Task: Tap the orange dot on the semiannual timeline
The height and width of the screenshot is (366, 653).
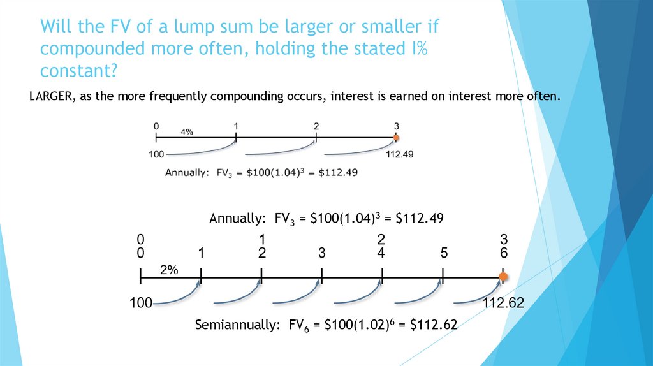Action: pyautogui.click(x=503, y=277)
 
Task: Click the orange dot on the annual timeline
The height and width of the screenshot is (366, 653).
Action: pyautogui.click(x=396, y=137)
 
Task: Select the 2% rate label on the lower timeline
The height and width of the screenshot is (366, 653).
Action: pyautogui.click(x=169, y=270)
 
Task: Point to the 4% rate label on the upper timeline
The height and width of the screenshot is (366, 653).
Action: pyautogui.click(x=187, y=132)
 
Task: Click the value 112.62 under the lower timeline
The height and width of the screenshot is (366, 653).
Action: pyautogui.click(x=503, y=303)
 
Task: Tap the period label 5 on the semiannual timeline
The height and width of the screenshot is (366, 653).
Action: pyautogui.click(x=443, y=253)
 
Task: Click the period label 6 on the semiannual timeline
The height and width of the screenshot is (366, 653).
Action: pyautogui.click(x=503, y=253)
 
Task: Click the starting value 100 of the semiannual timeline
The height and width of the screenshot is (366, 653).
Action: pyautogui.click(x=140, y=303)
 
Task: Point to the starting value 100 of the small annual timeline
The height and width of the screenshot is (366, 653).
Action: pyautogui.click(x=156, y=154)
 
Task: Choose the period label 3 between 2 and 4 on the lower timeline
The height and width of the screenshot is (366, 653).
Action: pyautogui.click(x=322, y=253)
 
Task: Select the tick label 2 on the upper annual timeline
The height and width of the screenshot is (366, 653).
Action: pyautogui.click(x=316, y=126)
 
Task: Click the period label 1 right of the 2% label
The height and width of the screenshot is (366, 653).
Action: pyautogui.click(x=201, y=253)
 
